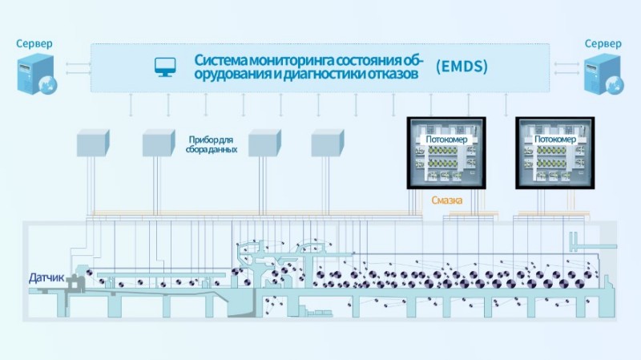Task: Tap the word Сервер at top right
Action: click(603, 43)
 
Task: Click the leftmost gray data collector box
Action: click(91, 142)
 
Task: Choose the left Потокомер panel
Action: click(446, 152)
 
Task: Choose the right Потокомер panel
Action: click(554, 152)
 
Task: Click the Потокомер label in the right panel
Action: click(554, 139)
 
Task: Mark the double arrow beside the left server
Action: click(74, 65)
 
